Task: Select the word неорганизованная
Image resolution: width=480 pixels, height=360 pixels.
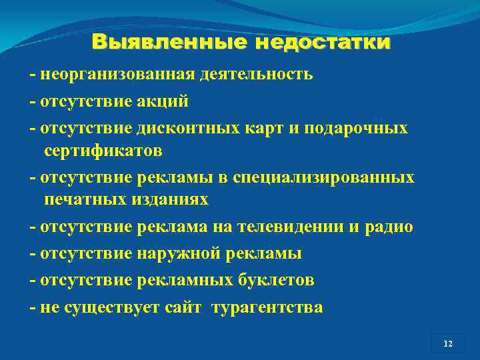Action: (x=116, y=74)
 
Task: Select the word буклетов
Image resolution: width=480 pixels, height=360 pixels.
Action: (x=276, y=281)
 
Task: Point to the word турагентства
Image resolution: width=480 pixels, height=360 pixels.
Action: (x=267, y=308)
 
